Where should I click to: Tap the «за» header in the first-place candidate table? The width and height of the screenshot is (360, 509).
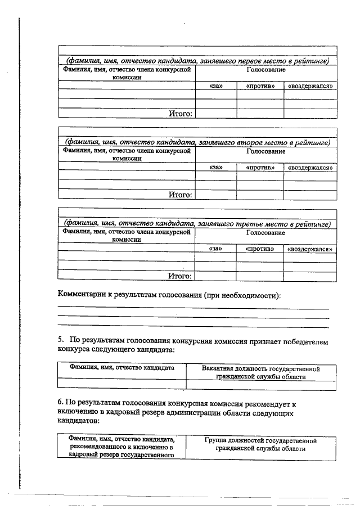(x=215, y=86)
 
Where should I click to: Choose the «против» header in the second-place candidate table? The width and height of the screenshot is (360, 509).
(x=260, y=168)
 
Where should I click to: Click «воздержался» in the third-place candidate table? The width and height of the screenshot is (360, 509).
(x=309, y=249)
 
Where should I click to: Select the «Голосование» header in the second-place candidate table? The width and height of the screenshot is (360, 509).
(x=265, y=151)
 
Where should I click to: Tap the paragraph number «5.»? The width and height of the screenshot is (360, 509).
(x=61, y=341)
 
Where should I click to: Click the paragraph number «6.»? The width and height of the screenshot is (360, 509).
(x=60, y=403)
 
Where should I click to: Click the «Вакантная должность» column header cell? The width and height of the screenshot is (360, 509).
(x=261, y=373)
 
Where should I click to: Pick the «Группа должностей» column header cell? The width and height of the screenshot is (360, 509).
(x=261, y=444)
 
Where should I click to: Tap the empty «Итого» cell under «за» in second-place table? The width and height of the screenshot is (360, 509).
(x=215, y=195)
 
